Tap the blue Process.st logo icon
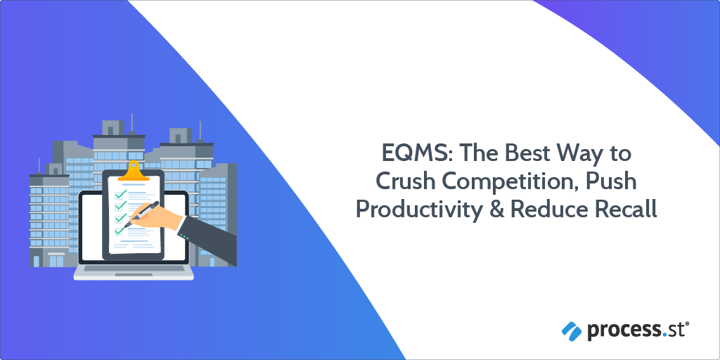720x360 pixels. point(571,328)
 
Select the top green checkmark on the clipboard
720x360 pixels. point(120,193)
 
